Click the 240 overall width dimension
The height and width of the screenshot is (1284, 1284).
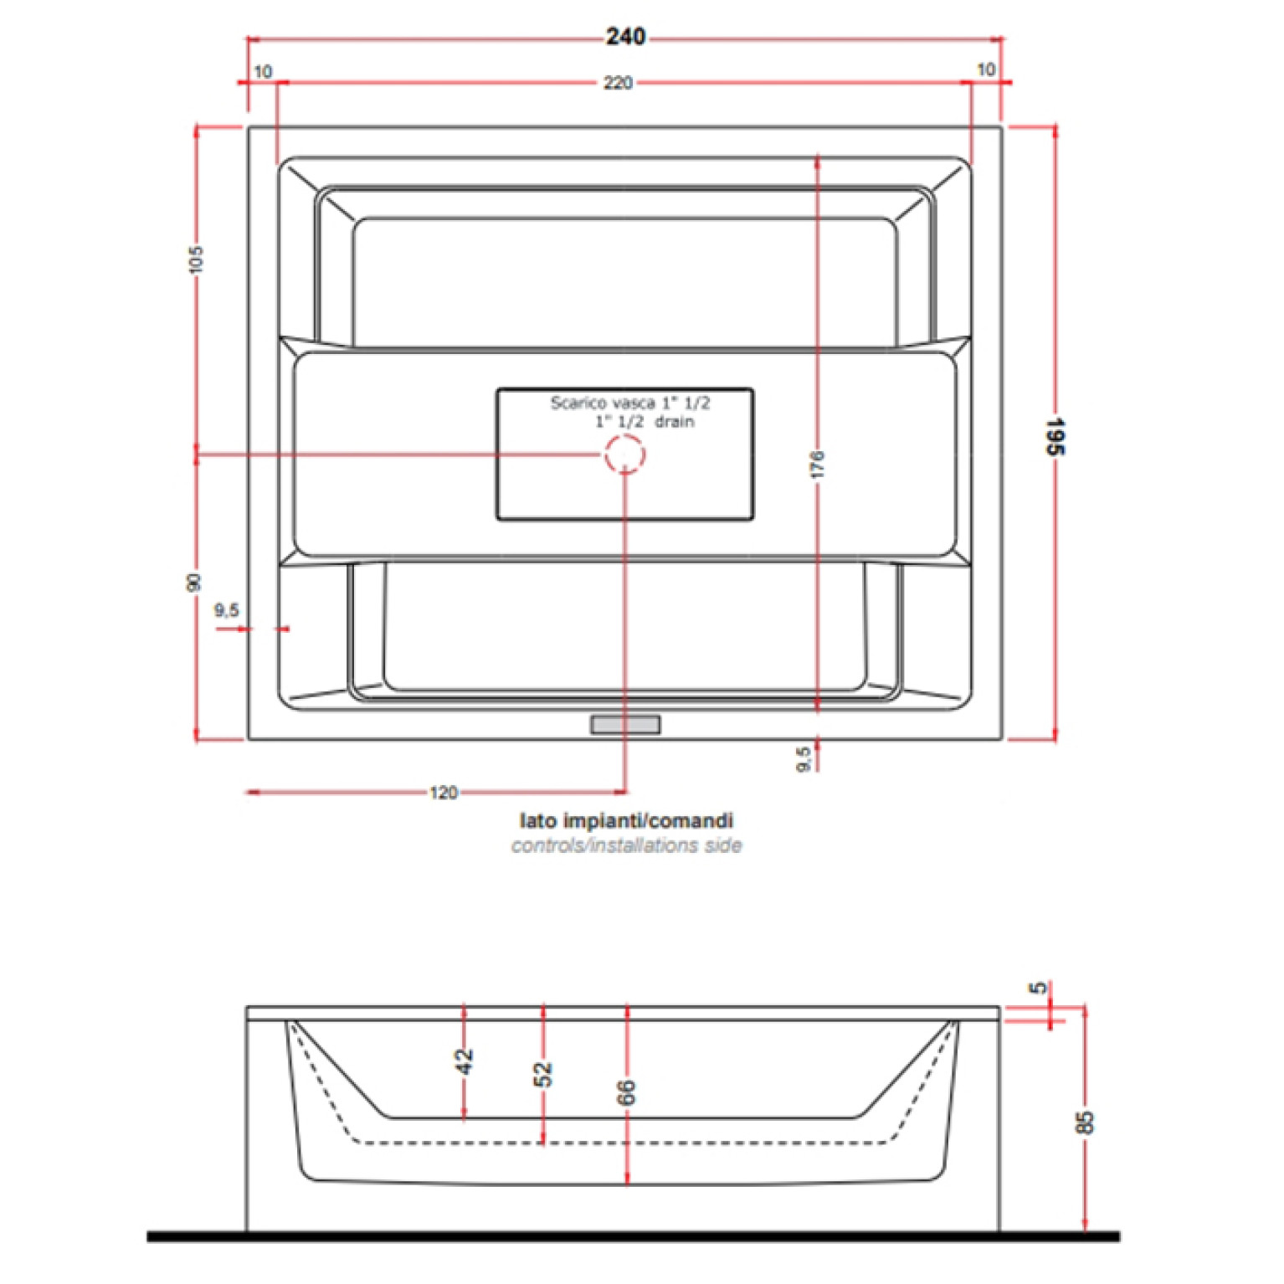click(x=625, y=37)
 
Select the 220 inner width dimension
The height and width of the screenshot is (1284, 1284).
click(x=618, y=83)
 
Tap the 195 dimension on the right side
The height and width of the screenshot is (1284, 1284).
click(x=1055, y=436)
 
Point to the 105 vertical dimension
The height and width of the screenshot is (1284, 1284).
click(x=196, y=259)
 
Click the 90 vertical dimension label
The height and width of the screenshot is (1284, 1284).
click(x=194, y=582)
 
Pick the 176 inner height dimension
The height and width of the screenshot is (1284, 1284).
click(x=818, y=465)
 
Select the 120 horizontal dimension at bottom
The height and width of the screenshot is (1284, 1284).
click(x=444, y=792)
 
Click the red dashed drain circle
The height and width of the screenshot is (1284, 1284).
click(x=625, y=455)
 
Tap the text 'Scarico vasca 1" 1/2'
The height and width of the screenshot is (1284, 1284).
click(x=629, y=403)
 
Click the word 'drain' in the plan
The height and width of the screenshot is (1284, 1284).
click(x=675, y=422)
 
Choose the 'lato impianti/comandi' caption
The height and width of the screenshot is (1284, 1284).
click(x=626, y=820)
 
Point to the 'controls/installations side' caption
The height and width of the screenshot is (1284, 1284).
click(x=626, y=845)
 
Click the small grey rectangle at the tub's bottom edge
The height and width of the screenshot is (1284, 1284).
click(x=625, y=724)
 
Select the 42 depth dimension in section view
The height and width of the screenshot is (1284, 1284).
click(x=465, y=1061)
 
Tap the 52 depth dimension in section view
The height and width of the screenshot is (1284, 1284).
click(x=543, y=1073)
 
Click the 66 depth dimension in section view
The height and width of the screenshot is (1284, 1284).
click(x=626, y=1091)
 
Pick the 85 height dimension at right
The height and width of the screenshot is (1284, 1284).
click(x=1084, y=1122)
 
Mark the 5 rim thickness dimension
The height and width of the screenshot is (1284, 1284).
click(x=1039, y=988)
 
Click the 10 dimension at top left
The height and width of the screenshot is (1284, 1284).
click(x=263, y=72)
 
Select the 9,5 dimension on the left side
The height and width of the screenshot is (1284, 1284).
click(x=226, y=610)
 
